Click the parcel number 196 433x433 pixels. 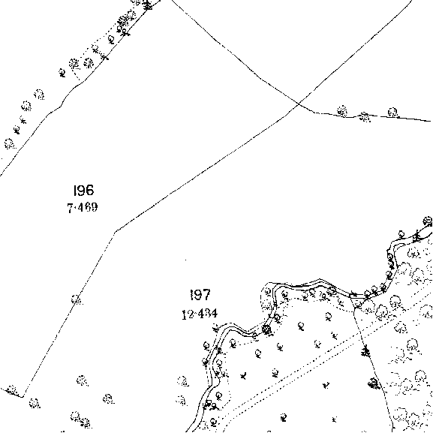[83, 190]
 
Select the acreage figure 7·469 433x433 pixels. [83, 207]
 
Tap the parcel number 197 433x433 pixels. [200, 295]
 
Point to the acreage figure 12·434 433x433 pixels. [200, 314]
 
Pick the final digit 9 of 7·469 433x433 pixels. [94, 207]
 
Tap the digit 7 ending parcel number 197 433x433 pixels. [206, 295]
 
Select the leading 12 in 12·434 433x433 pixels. [187, 314]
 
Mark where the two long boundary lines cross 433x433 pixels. [299, 104]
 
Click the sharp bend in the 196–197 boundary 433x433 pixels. [115, 231]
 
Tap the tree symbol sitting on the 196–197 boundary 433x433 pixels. [77, 299]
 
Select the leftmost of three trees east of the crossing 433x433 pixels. [342, 111]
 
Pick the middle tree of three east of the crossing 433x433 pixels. [365, 117]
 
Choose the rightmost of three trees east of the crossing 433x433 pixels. [393, 113]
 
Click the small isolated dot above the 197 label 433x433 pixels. [185, 260]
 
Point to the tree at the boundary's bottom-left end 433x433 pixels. [11, 390]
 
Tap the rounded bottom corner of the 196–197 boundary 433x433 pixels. [23, 396]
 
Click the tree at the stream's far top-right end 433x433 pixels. [428, 221]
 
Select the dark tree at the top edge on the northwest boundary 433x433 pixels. [148, 5]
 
